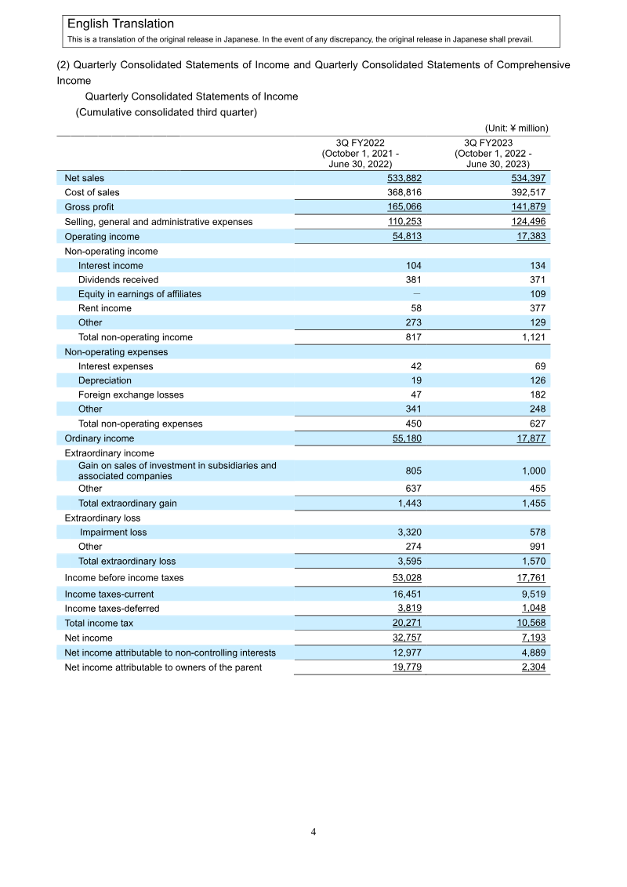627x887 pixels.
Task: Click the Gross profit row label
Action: (89, 207)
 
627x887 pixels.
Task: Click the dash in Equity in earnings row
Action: (416, 294)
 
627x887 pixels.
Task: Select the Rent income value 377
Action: (535, 308)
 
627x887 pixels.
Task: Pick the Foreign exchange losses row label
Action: (131, 394)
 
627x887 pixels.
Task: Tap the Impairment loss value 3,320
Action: (408, 533)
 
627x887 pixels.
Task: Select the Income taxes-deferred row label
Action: (111, 609)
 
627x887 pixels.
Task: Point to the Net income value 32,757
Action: (405, 638)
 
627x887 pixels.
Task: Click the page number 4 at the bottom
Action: (313, 832)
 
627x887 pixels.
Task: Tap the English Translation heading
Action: (121, 24)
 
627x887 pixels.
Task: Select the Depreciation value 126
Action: (535, 380)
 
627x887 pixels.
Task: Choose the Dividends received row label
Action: (118, 280)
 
